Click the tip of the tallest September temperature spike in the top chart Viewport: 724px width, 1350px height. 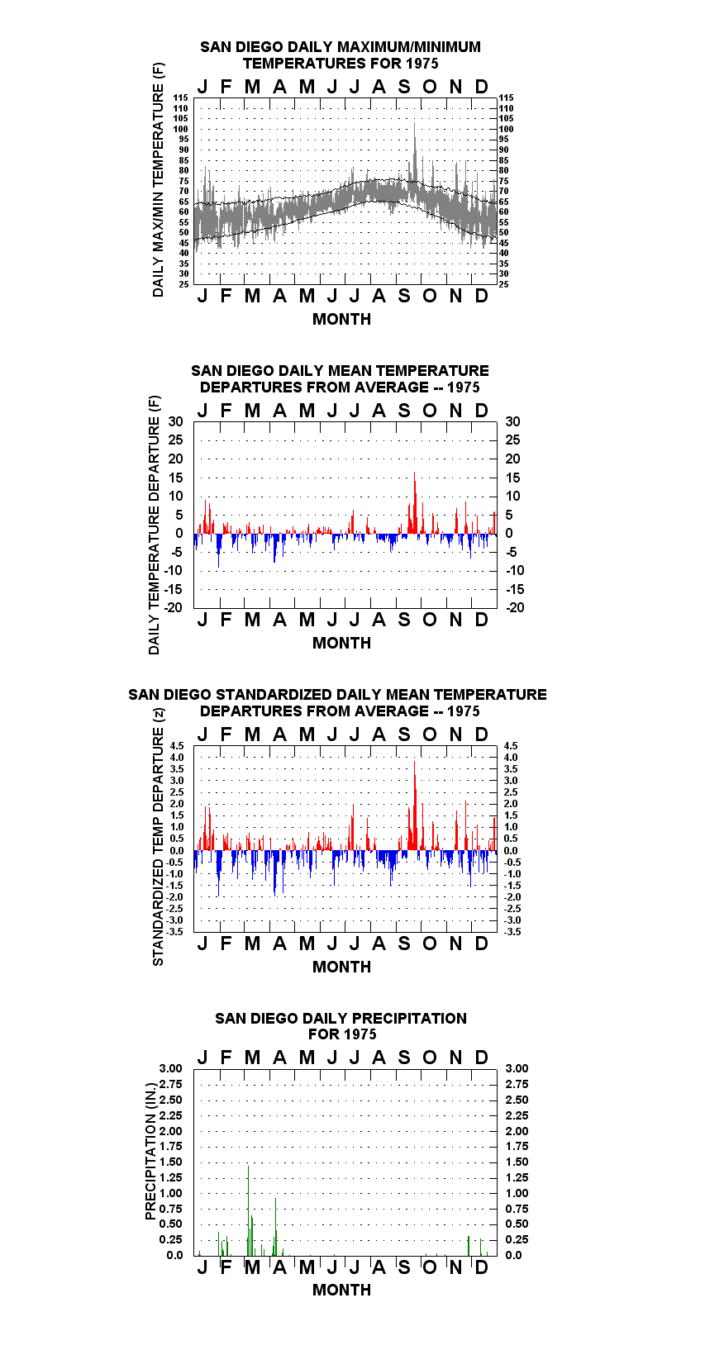click(415, 124)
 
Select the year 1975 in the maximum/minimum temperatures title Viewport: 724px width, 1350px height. click(422, 64)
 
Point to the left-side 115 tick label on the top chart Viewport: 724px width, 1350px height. click(181, 97)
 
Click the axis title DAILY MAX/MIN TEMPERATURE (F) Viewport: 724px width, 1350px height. click(158, 179)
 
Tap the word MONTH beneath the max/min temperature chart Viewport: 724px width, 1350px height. click(341, 320)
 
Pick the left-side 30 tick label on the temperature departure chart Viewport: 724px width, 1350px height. click(175, 422)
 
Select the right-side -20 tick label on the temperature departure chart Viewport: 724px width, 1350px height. click(515, 607)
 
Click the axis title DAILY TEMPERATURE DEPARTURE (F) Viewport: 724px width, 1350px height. click(155, 525)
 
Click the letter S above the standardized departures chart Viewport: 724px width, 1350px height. click(404, 734)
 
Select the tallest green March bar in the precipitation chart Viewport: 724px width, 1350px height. click(249, 1210)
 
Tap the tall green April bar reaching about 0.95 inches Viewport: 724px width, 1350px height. click(275, 1227)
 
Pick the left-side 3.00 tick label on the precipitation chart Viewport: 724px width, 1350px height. click(170, 1068)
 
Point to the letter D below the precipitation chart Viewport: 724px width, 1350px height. click(481, 1267)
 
